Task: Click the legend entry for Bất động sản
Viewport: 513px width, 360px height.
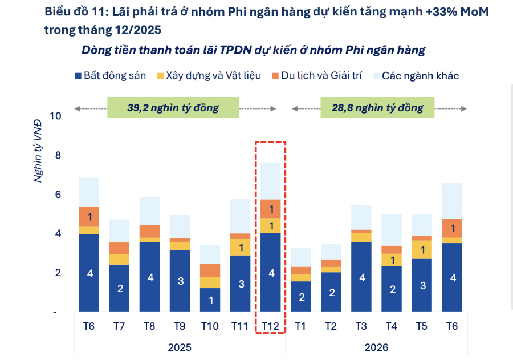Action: [x=111, y=76]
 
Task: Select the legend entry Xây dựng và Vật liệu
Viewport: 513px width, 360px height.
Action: [x=209, y=76]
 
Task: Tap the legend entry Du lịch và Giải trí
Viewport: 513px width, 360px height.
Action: [x=319, y=76]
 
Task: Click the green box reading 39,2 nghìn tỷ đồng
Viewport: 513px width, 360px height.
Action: [x=173, y=107]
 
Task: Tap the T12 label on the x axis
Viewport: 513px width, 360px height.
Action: [x=270, y=326]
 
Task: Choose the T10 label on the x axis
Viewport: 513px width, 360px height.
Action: [x=210, y=326]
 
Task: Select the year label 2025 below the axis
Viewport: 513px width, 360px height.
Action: [x=180, y=347]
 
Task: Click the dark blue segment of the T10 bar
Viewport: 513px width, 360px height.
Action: [x=210, y=300]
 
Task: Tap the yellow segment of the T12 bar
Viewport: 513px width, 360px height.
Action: [x=271, y=225]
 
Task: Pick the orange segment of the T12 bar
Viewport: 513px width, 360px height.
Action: [x=271, y=209]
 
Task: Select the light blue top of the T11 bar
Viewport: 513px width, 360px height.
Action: [x=241, y=216]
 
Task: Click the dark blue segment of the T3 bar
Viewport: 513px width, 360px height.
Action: [x=361, y=277]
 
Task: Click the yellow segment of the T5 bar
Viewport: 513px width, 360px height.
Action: [x=422, y=250]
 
